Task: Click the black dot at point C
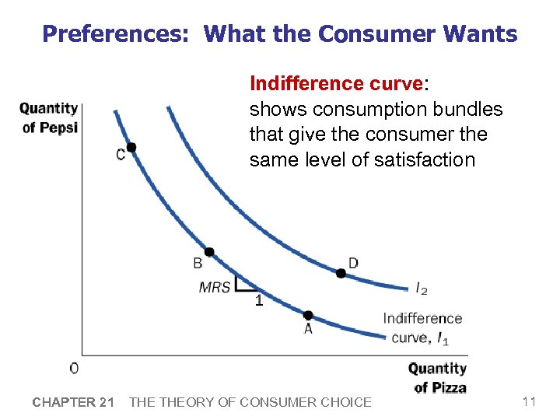[131, 147]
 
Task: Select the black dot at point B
[209, 252]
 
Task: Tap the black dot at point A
[308, 315]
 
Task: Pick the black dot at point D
[341, 273]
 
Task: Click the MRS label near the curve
[215, 287]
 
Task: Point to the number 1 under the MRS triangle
[259, 302]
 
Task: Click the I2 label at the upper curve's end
[421, 289]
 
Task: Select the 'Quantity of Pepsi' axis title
[49, 117]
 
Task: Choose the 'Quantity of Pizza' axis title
[438, 377]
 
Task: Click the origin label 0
[74, 368]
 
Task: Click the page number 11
[529, 401]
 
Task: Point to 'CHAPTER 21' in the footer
[73, 402]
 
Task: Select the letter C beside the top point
[121, 155]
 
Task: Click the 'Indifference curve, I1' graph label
[421, 327]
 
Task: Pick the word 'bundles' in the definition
[469, 109]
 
